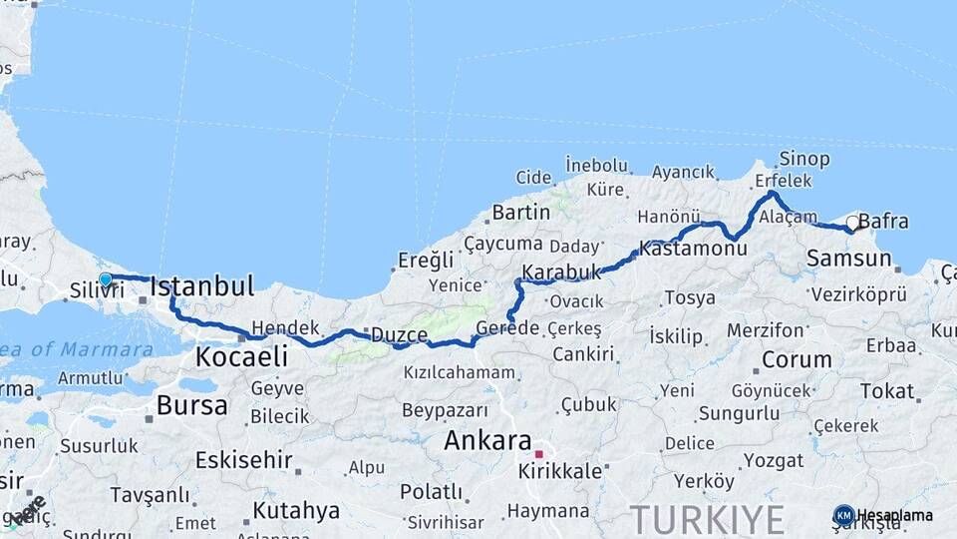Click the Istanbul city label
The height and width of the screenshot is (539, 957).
[x=201, y=287]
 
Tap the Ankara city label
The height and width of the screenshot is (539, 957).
[x=487, y=440]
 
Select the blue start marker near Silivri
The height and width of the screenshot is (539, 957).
[x=105, y=278]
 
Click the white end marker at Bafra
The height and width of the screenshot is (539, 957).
[x=852, y=223]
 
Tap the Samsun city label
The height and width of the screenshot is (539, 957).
[x=848, y=259]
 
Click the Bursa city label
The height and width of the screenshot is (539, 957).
[x=191, y=406]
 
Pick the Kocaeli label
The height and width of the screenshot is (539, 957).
[x=241, y=356]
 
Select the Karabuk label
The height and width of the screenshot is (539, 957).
[x=562, y=271]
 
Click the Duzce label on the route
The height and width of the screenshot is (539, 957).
[x=399, y=334]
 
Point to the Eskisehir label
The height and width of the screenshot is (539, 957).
[x=244, y=460]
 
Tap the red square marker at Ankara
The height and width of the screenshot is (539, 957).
[x=538, y=454]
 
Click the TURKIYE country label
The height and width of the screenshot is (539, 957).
[x=706, y=518]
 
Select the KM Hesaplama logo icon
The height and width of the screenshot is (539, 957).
[x=843, y=515]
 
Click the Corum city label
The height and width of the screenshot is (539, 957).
[x=797, y=359]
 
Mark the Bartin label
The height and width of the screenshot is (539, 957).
[x=520, y=212]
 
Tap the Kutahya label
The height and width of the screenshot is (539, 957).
[x=296, y=510]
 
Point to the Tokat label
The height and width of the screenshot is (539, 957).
[x=886, y=390]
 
